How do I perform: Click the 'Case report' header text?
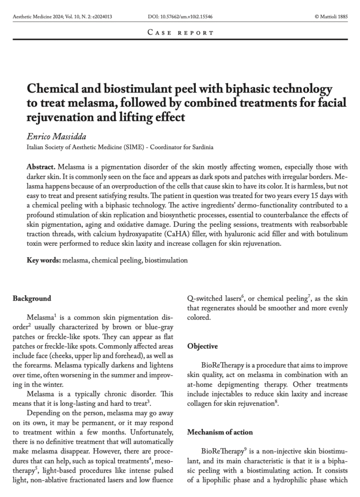(180, 33)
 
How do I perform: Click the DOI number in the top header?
(180, 17)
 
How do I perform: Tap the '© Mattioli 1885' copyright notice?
(331, 17)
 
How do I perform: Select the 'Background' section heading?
(32, 299)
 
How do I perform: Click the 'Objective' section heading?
(202, 347)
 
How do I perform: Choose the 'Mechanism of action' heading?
(220, 433)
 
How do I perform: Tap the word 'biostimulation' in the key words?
(166, 260)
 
